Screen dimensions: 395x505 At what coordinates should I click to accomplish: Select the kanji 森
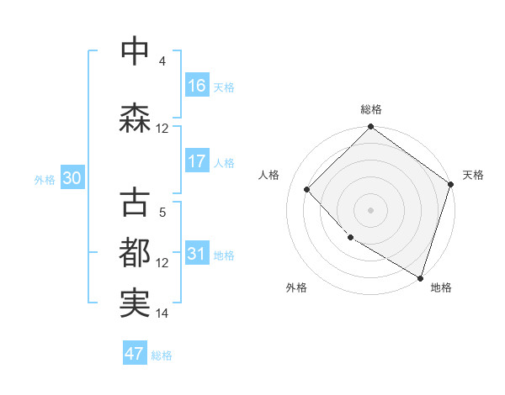click(x=136, y=118)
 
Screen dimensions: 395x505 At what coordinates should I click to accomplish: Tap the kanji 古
click(x=136, y=204)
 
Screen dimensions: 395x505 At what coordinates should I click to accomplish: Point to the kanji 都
click(x=136, y=253)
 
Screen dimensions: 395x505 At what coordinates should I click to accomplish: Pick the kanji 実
click(x=136, y=303)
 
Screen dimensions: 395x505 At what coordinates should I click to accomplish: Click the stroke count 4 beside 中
click(x=162, y=61)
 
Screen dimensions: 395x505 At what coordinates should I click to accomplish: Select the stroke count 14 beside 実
click(x=162, y=313)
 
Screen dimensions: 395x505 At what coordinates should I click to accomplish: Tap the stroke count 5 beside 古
click(x=162, y=213)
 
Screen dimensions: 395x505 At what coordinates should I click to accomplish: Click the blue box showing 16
click(x=197, y=86)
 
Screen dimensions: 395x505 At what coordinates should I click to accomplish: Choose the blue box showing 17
click(x=197, y=161)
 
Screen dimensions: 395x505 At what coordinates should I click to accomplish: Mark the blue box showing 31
click(x=197, y=254)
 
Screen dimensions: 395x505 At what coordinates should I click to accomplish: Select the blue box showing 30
click(x=71, y=178)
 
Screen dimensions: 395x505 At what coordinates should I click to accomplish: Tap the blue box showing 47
click(x=135, y=354)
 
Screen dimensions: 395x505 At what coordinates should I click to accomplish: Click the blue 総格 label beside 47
click(x=162, y=355)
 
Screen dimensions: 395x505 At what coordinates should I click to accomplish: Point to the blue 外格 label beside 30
click(x=45, y=179)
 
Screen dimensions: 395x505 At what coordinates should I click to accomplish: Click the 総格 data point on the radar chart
click(x=370, y=128)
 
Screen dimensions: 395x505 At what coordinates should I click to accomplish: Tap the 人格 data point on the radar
click(x=307, y=189)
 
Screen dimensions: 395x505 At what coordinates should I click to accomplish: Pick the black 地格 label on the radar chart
click(x=441, y=287)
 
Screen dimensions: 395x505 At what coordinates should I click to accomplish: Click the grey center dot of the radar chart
click(x=370, y=209)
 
